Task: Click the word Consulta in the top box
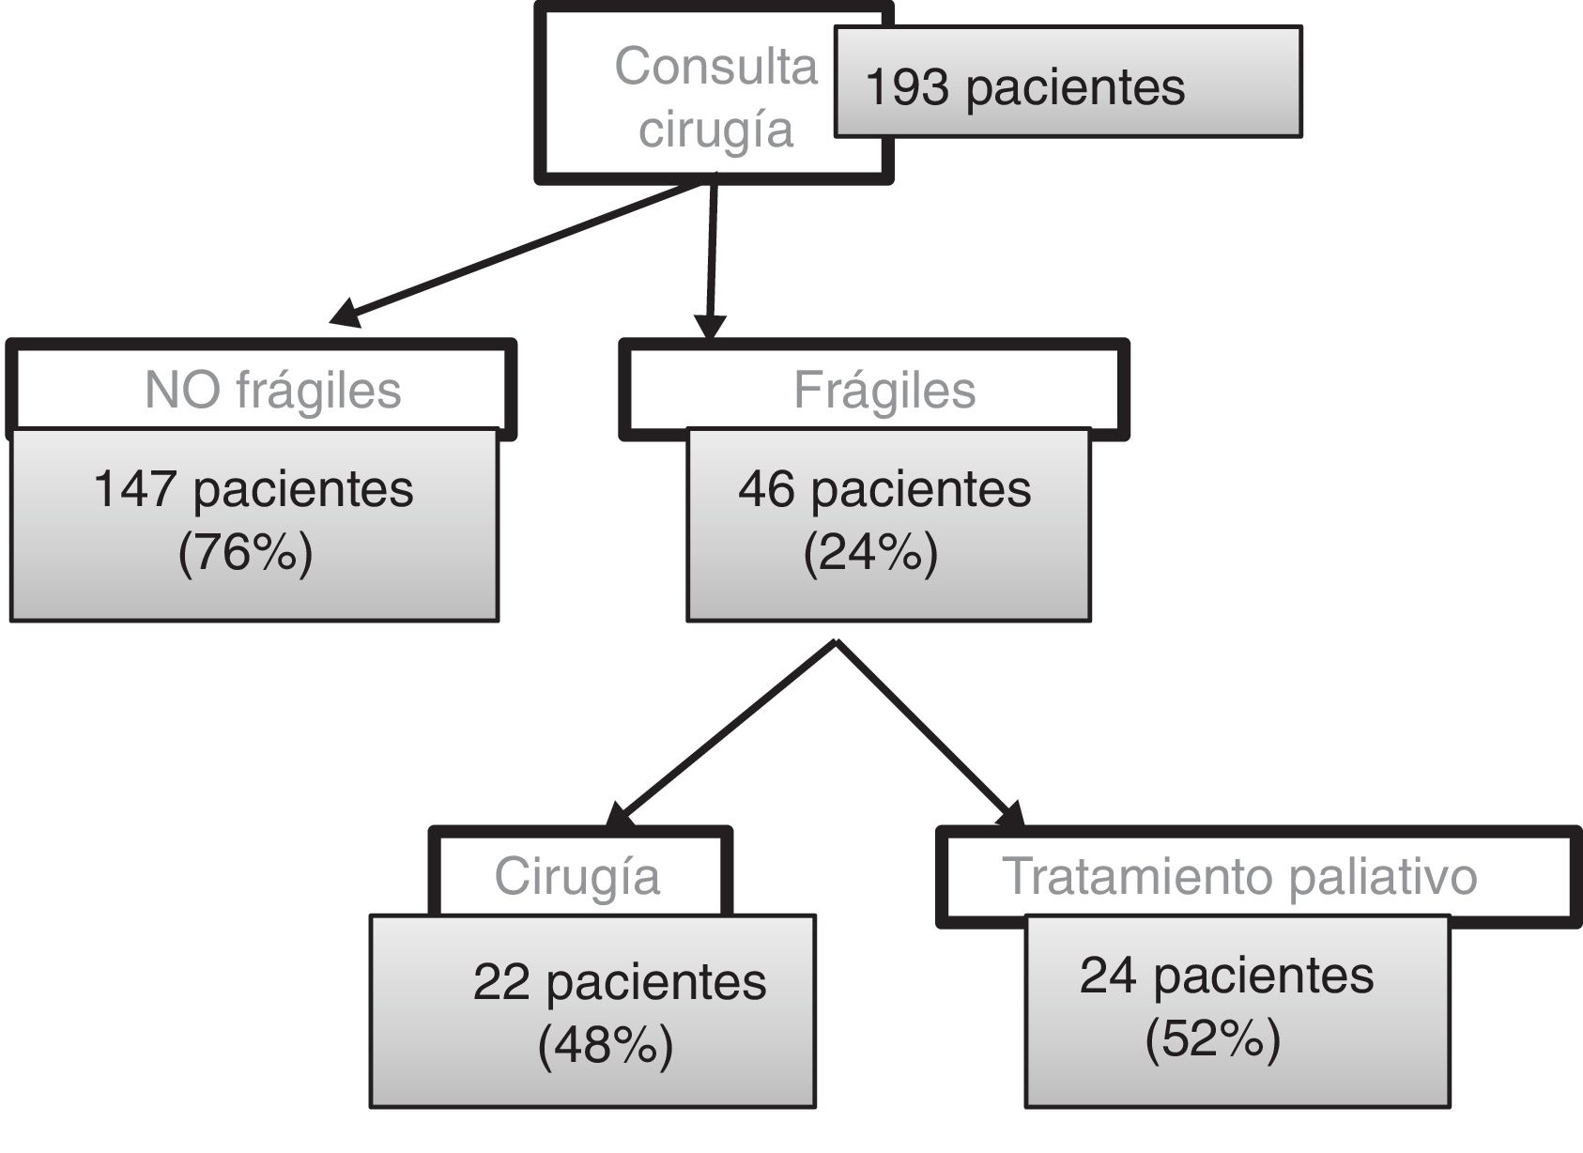click(715, 68)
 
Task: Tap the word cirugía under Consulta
click(715, 129)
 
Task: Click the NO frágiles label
click(272, 390)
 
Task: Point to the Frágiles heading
click(884, 390)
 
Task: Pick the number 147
click(134, 489)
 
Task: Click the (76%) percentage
click(245, 552)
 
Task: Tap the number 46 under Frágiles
click(766, 489)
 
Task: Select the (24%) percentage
click(870, 552)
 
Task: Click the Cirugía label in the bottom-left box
click(576, 876)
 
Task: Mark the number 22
click(501, 982)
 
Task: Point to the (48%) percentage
click(606, 1044)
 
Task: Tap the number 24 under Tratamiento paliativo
click(1108, 975)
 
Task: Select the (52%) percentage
click(1212, 1038)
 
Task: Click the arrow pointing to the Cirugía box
click(723, 732)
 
